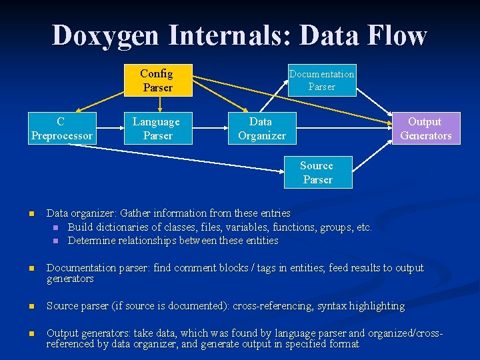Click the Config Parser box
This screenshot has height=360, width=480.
coord(157,81)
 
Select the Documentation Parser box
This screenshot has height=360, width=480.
coord(322,81)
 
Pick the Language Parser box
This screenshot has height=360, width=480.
coord(157,129)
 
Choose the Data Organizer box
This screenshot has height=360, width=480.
coord(261,129)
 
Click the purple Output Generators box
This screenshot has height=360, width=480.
coord(425,129)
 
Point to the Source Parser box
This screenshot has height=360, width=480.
coord(317,173)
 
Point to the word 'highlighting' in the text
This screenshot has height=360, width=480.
coord(377,307)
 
